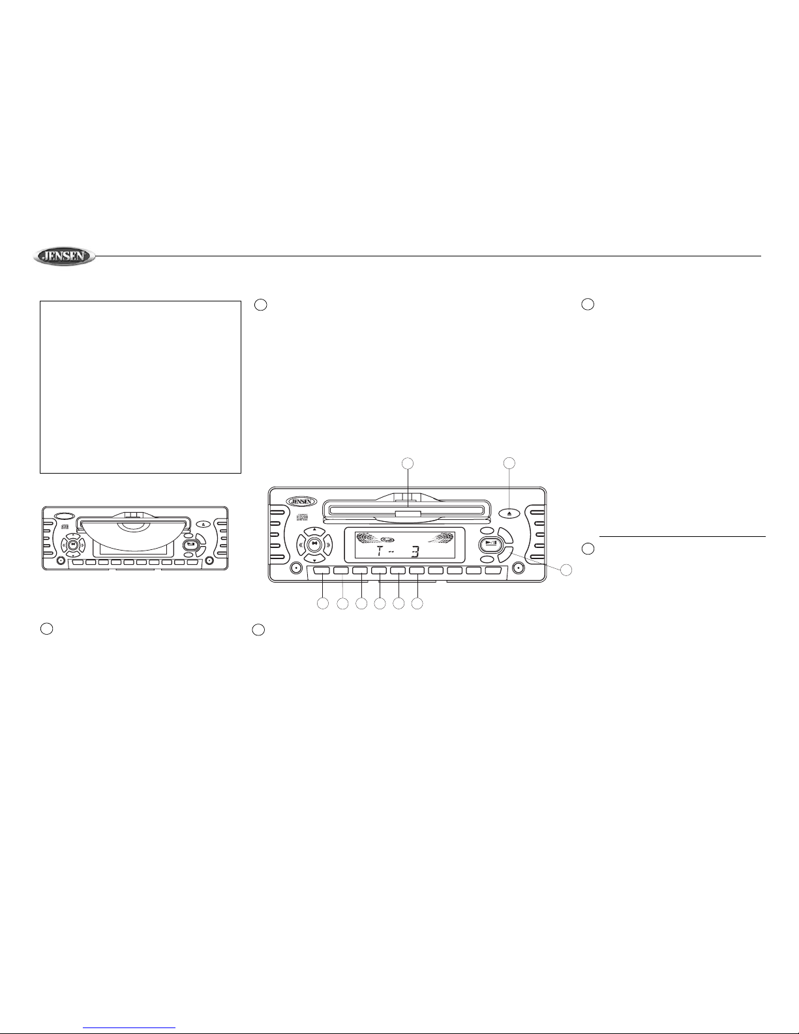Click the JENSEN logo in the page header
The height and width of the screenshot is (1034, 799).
(64, 256)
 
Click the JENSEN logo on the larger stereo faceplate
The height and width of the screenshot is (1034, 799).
(301, 502)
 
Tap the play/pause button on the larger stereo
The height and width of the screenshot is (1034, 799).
(489, 543)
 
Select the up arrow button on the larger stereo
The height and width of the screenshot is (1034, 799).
(314, 530)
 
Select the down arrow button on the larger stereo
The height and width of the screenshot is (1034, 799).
(314, 560)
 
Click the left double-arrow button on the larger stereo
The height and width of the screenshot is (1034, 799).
(301, 545)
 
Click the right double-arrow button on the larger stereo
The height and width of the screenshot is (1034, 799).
(328, 545)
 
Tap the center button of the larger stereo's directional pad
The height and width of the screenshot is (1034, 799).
(314, 545)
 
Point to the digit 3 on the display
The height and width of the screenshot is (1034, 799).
(415, 551)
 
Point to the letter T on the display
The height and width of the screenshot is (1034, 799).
(380, 551)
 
